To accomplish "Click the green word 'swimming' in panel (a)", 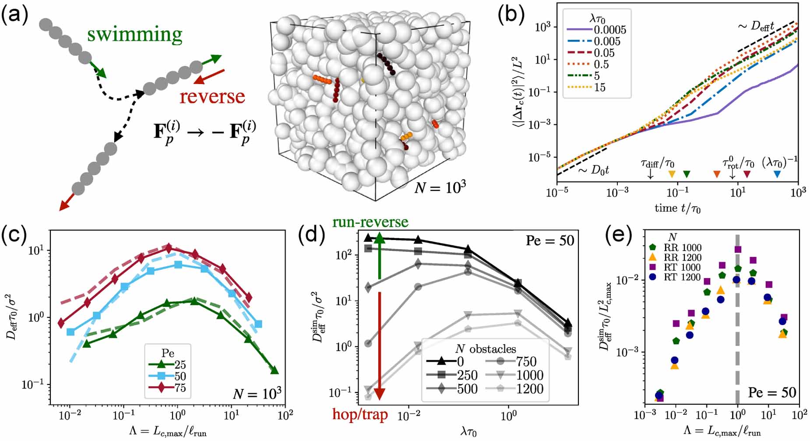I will pyautogui.click(x=134, y=34).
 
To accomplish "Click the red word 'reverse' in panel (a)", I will pyautogui.click(x=212, y=96).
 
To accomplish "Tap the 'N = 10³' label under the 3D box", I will pyautogui.click(x=440, y=187).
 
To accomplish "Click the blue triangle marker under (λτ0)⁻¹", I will pyautogui.click(x=777, y=174).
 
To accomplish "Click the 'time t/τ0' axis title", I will pyautogui.click(x=677, y=208).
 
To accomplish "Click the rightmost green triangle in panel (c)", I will pyautogui.click(x=275, y=370).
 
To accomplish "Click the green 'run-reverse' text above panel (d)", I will pyautogui.click(x=370, y=222).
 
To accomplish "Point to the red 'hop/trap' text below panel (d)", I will pyautogui.click(x=360, y=414).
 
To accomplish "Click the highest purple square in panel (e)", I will pyautogui.click(x=738, y=249).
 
